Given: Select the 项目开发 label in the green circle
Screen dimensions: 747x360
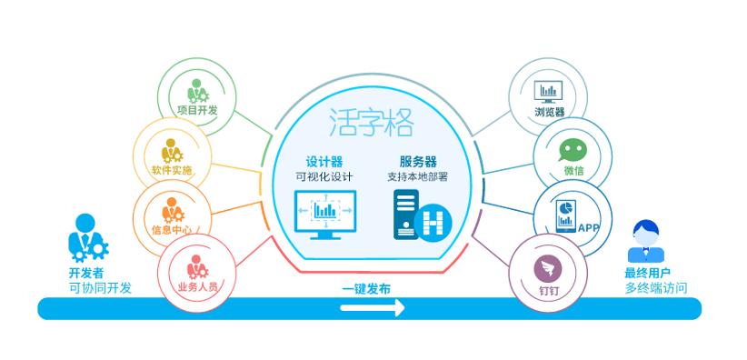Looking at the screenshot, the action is click(197, 111).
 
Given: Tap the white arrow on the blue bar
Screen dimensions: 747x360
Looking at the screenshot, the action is click(372, 308).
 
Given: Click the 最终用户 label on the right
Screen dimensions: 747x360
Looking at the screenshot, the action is click(649, 274).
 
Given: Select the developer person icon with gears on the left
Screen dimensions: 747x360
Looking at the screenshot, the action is click(87, 236).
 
